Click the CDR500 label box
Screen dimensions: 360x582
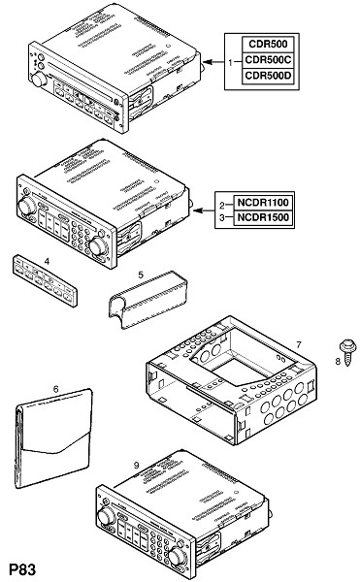[268, 45]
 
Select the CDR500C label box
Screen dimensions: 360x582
[268, 60]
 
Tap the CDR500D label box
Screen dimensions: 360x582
[268, 76]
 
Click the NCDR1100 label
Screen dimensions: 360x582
[263, 203]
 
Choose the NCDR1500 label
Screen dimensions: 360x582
[263, 217]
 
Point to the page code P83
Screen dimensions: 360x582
[22, 569]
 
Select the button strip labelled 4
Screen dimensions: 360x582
[46, 280]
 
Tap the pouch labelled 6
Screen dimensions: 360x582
[53, 438]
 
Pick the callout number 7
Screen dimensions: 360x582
[299, 344]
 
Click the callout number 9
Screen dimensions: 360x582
[136, 465]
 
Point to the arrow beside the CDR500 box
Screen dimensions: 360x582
[214, 62]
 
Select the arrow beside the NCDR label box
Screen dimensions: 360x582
[205, 210]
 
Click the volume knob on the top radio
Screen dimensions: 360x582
[39, 80]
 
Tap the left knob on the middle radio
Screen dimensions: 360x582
[27, 207]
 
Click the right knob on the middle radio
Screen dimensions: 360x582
[97, 245]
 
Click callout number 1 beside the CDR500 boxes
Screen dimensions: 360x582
[231, 62]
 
